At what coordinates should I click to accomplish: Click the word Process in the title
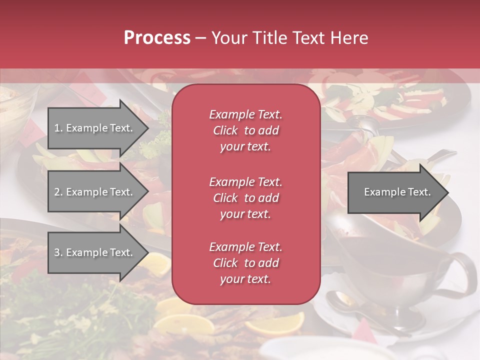[157, 38]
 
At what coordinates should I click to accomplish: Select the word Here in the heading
[348, 38]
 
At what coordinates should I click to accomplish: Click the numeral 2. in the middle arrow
[58, 192]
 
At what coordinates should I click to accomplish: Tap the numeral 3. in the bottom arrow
[58, 252]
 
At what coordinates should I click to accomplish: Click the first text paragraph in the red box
[245, 130]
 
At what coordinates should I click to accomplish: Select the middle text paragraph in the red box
[245, 198]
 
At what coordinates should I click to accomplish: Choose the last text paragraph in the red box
[245, 263]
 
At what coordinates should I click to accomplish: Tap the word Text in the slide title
[307, 38]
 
